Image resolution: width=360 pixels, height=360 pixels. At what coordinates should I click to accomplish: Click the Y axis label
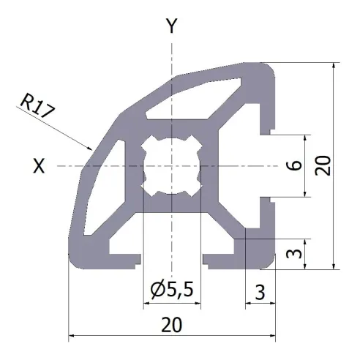[172, 27]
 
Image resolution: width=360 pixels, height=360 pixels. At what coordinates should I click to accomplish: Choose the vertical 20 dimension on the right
[324, 166]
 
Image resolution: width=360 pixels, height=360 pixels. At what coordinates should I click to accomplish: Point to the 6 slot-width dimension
[293, 166]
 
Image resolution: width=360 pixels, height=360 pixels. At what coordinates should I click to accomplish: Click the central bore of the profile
[172, 166]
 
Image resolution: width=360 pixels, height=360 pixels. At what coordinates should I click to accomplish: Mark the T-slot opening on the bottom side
[171, 258]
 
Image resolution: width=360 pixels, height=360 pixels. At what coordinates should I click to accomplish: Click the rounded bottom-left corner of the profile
[75, 263]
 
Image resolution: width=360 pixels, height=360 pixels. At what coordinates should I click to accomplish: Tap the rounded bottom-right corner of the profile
[271, 263]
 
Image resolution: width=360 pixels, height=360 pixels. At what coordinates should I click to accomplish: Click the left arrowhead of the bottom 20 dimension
[72, 337]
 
